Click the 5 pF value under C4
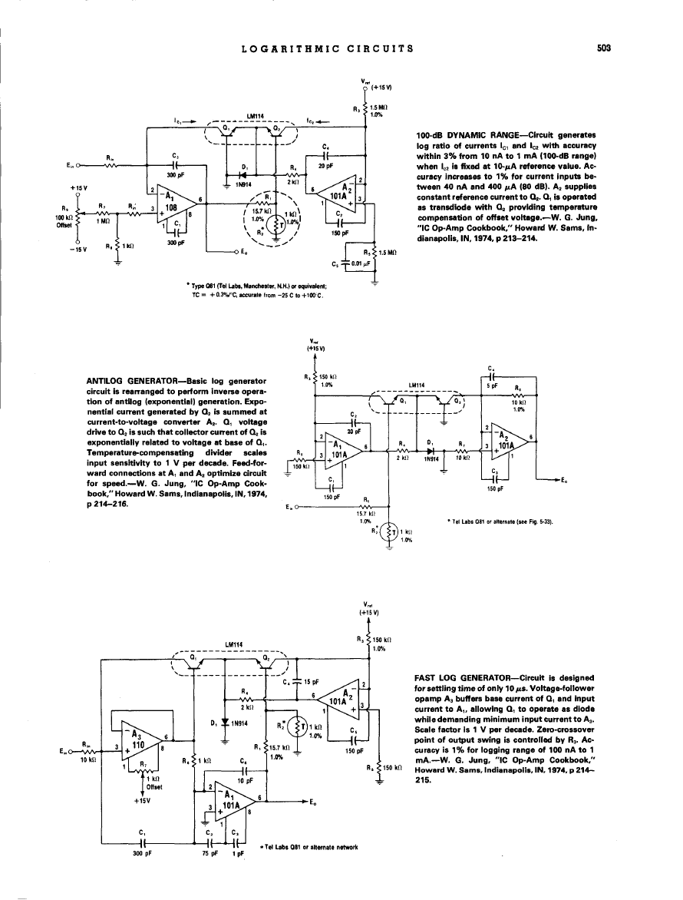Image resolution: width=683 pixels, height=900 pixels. (493, 387)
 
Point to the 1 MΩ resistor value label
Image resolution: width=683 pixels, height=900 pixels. (100, 221)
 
